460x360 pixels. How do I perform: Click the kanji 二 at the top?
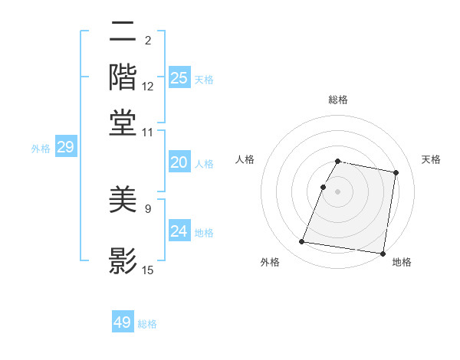[123, 33]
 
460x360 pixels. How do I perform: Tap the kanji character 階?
[123, 77]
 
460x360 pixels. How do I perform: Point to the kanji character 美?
[123, 201]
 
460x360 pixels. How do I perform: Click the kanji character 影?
[123, 260]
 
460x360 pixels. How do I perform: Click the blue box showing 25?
[179, 78]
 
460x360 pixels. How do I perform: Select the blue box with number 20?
[179, 163]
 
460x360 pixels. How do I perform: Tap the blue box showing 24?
[179, 232]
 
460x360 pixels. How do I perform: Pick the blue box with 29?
[65, 148]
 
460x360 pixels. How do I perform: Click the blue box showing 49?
[123, 322]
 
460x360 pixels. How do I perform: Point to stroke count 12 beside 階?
[148, 87]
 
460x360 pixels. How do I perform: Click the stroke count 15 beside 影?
[148, 270]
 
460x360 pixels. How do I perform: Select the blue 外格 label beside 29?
[41, 149]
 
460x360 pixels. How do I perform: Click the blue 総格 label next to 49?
[147, 324]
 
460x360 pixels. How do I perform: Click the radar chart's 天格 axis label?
[431, 159]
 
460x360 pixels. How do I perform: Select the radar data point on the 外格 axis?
[302, 242]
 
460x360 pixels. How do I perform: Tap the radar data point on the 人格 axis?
[324, 187]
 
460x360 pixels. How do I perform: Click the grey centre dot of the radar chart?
[337, 191]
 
